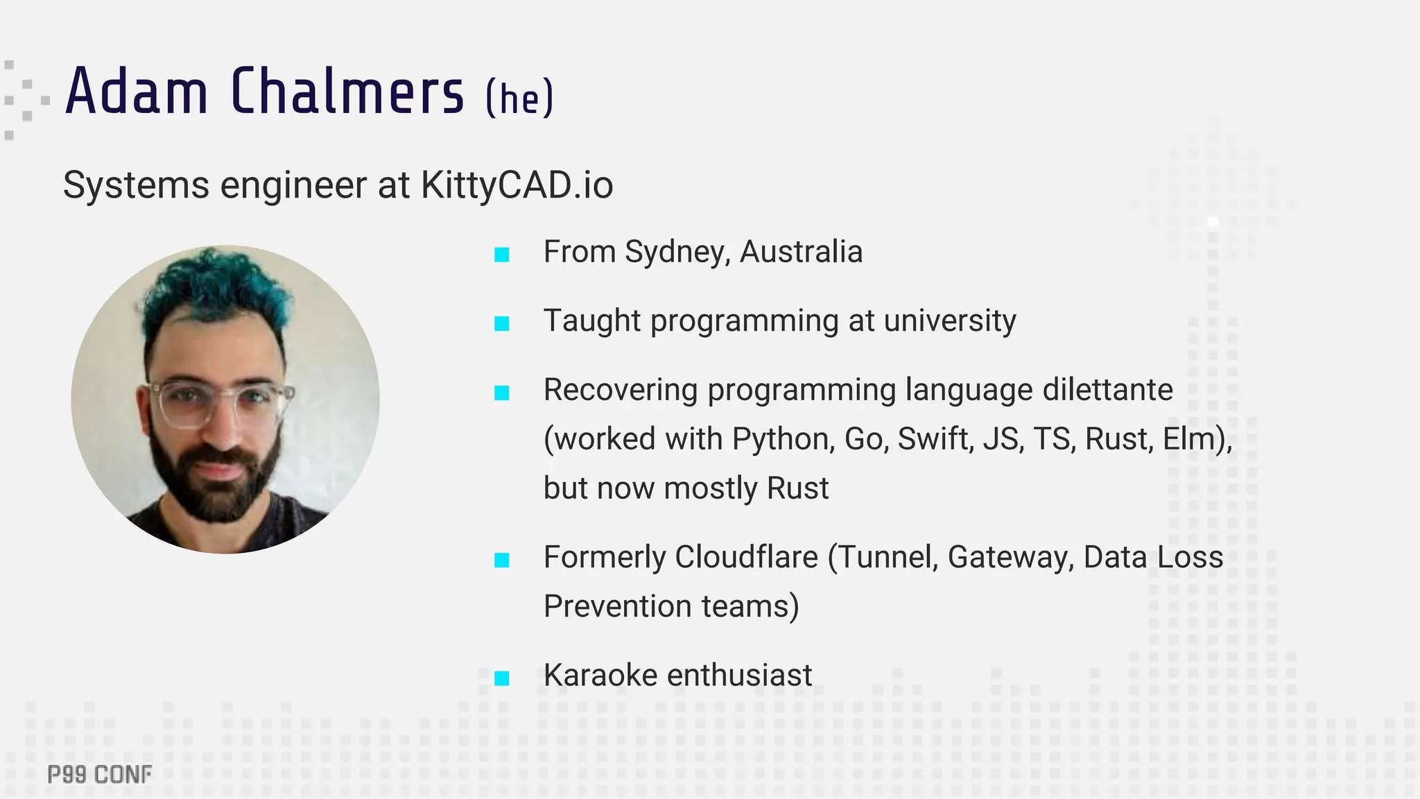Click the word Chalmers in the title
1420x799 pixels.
pyautogui.click(x=347, y=92)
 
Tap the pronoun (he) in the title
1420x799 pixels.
pyautogui.click(x=519, y=97)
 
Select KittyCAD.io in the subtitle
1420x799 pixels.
pyautogui.click(x=517, y=185)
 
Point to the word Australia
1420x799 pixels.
pyautogui.click(x=801, y=252)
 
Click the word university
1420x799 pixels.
pyautogui.click(x=950, y=321)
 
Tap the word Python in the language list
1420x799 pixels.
pyautogui.click(x=783, y=439)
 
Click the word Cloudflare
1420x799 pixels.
pyautogui.click(x=746, y=557)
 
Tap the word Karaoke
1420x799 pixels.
pyautogui.click(x=600, y=676)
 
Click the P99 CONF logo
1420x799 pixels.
pyautogui.click(x=100, y=775)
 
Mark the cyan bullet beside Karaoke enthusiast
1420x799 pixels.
pyautogui.click(x=502, y=678)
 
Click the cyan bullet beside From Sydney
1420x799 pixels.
pyautogui.click(x=502, y=255)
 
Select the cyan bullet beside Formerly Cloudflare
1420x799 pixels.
pyautogui.click(x=502, y=560)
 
